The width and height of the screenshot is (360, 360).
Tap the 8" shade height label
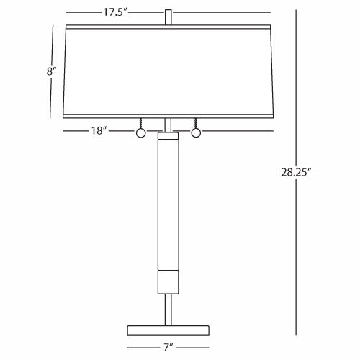[48, 71]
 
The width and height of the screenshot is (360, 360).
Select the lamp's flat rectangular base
[168, 330]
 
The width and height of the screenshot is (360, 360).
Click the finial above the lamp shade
[168, 17]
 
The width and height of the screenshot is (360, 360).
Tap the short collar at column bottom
[168, 282]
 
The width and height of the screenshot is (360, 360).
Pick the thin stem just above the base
[168, 308]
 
